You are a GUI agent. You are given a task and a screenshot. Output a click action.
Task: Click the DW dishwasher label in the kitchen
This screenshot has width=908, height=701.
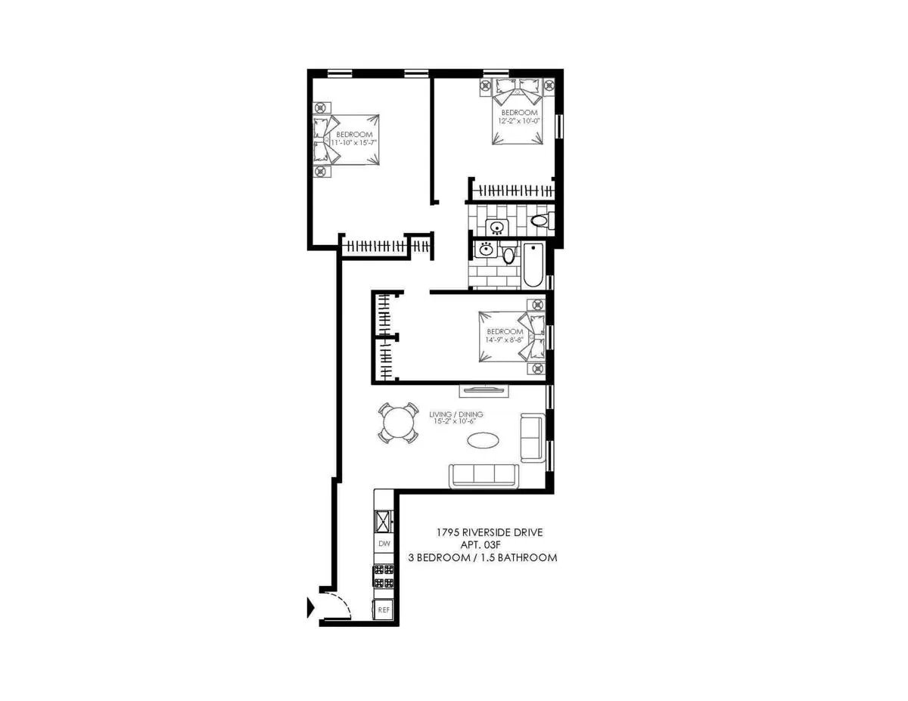(384, 544)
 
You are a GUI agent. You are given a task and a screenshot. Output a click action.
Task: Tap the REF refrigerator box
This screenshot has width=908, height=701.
(384, 609)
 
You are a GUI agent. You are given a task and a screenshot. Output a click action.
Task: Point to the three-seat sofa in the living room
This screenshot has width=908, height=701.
(484, 476)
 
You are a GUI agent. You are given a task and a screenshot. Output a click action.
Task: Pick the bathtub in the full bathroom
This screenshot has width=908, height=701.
(533, 265)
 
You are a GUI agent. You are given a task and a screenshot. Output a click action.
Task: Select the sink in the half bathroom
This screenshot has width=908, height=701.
(497, 226)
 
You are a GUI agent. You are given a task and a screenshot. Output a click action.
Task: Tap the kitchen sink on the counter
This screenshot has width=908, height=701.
(384, 520)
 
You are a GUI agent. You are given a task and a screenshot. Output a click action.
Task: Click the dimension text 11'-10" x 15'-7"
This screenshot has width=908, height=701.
(354, 142)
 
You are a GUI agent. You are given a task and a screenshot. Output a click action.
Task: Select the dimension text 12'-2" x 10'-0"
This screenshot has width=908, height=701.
(519, 120)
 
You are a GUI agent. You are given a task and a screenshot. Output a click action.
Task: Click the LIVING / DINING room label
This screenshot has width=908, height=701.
(456, 414)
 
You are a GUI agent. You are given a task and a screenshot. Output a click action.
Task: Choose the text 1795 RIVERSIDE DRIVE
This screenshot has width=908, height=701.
(489, 532)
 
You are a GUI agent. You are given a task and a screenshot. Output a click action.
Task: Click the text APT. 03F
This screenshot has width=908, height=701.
(482, 544)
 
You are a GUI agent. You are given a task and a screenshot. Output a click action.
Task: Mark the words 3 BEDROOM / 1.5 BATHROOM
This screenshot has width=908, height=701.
(482, 557)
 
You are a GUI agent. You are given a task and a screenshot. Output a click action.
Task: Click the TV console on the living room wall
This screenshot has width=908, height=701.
(484, 390)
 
